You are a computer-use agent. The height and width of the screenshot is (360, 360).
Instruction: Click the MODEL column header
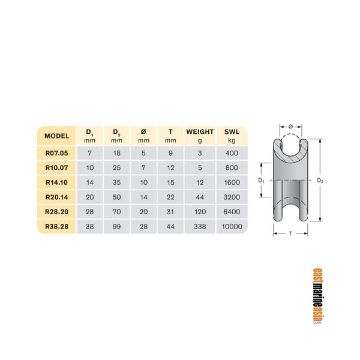click(57, 135)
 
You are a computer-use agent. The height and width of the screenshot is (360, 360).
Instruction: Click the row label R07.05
click(57, 153)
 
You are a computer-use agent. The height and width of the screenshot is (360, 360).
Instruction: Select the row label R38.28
click(57, 227)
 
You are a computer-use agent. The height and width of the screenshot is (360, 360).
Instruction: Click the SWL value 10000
click(232, 227)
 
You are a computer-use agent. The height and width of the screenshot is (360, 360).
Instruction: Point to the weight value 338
click(199, 227)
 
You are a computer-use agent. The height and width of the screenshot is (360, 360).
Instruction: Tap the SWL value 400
click(232, 153)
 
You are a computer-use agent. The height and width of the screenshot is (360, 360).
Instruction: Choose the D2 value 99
click(117, 227)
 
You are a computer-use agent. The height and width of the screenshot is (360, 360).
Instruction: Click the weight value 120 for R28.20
click(199, 212)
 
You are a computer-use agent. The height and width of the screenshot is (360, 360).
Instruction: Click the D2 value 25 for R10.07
click(117, 168)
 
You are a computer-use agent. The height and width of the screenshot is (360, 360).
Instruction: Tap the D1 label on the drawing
click(261, 180)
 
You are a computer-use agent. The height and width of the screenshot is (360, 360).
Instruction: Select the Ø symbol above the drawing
click(291, 127)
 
